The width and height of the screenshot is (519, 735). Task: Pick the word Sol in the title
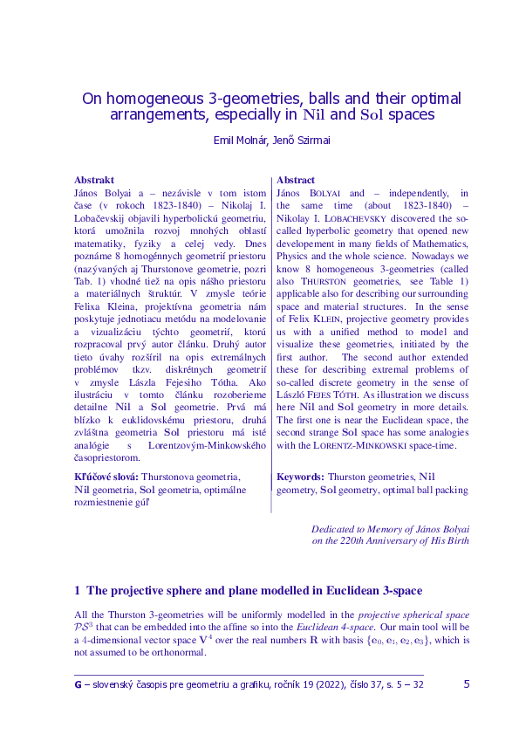pyautogui.click(x=372, y=115)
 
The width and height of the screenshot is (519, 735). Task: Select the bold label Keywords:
pyautogui.click(x=300, y=477)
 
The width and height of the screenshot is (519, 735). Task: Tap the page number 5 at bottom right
pyautogui.click(x=467, y=684)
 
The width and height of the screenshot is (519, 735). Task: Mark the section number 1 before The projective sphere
pyautogui.click(x=78, y=590)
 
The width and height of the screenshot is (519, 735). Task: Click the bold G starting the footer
pyautogui.click(x=79, y=684)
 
